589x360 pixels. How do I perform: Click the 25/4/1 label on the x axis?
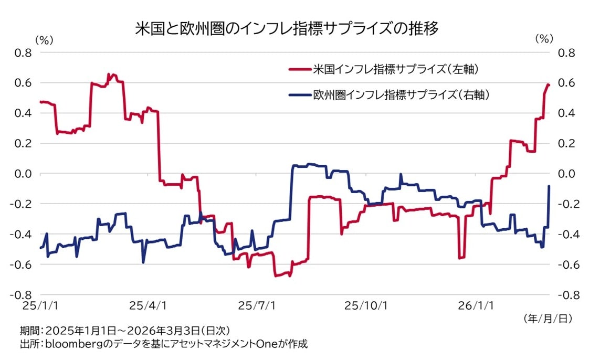[x=148, y=305]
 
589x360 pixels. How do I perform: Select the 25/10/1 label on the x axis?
[x=366, y=305]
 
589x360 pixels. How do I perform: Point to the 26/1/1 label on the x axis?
[x=476, y=305]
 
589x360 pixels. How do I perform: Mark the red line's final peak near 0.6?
[x=548, y=84]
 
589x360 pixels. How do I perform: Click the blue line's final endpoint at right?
[x=549, y=186]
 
